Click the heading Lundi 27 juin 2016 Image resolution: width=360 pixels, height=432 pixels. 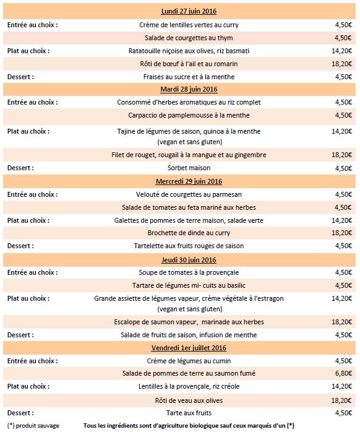point(189,11)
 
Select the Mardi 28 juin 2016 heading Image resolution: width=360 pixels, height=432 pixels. point(189,89)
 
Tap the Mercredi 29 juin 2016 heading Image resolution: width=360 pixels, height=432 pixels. point(189,181)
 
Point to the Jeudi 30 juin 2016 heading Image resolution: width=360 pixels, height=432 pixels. point(189,260)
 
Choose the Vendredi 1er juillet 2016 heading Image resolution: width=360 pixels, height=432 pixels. point(189,348)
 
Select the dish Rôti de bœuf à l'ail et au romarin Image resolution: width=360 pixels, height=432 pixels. point(189,64)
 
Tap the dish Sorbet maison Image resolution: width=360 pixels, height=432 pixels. point(189,168)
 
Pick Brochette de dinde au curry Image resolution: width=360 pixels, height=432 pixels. point(189,233)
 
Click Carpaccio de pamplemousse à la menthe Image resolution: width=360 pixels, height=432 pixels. point(189,115)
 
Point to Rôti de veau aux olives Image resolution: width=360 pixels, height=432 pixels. point(189,400)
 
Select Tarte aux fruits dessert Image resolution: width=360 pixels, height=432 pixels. point(189,413)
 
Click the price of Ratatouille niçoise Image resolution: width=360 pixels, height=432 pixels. point(341,51)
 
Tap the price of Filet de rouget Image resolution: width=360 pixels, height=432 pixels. point(341,155)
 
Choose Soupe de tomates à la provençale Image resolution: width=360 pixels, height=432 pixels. point(189,272)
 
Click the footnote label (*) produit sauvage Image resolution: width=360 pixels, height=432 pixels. point(33,426)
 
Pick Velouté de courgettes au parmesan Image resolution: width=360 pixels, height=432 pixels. point(189,194)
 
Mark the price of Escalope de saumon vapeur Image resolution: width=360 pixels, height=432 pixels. point(341,322)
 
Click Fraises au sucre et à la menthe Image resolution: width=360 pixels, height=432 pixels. point(189,77)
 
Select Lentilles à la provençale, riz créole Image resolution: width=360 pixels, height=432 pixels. point(189,386)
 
